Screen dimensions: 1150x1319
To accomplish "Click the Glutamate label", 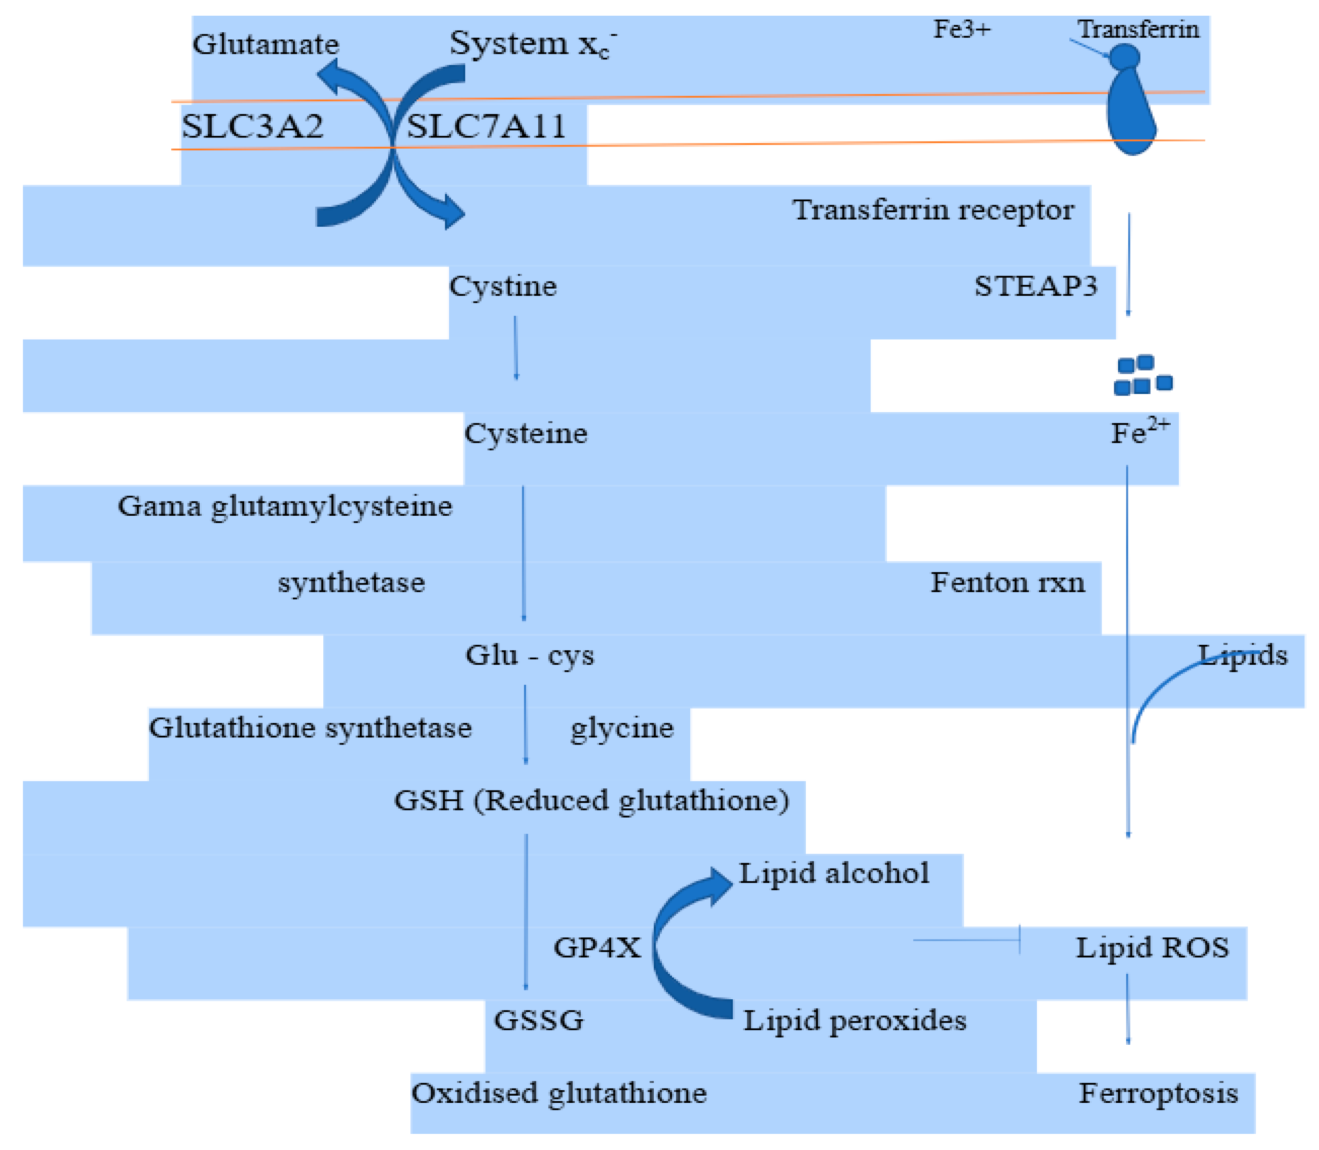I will click(265, 44).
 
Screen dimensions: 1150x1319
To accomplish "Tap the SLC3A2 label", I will click(252, 126).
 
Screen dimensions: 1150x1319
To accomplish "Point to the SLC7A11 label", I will click(486, 126).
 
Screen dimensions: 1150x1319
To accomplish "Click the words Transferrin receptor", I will click(932, 210).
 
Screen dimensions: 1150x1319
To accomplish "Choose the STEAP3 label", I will click(1035, 286).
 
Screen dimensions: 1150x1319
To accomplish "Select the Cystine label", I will click(502, 286).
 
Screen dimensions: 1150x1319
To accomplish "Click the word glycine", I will click(621, 728).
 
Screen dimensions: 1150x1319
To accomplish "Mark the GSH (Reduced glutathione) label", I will click(591, 800).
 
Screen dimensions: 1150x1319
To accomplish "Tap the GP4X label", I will click(596, 947).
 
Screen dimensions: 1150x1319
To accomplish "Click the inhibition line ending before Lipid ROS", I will click(966, 940).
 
